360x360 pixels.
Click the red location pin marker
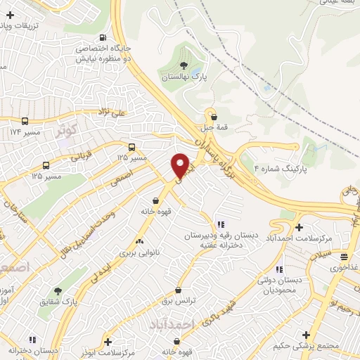pyautogui.click(x=181, y=165)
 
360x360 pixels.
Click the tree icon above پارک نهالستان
pyautogui.click(x=184, y=65)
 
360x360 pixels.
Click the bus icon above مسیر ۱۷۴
pyautogui.click(x=25, y=121)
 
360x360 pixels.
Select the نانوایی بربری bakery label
pyautogui.click(x=139, y=251)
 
